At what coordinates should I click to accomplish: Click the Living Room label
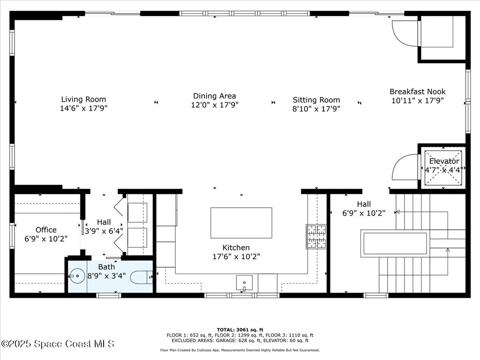[83, 99]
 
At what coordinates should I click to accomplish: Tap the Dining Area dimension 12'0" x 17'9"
[214, 105]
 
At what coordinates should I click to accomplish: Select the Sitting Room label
[316, 100]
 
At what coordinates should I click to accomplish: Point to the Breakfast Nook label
[417, 92]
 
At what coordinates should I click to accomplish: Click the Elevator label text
[444, 161]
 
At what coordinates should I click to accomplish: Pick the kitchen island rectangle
[241, 223]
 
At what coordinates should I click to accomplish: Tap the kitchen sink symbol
[244, 282]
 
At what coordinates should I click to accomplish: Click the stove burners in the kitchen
[316, 236]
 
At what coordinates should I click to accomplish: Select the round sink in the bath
[77, 277]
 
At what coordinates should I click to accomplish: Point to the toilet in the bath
[141, 277]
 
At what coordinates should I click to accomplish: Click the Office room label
[46, 230]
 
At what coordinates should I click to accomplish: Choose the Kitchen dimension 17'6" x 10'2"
[236, 256]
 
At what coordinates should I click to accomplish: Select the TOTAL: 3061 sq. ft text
[240, 330]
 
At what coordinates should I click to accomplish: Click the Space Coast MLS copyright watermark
[58, 344]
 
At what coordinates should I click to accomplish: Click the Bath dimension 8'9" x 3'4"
[106, 275]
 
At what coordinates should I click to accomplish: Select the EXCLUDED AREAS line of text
[240, 341]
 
